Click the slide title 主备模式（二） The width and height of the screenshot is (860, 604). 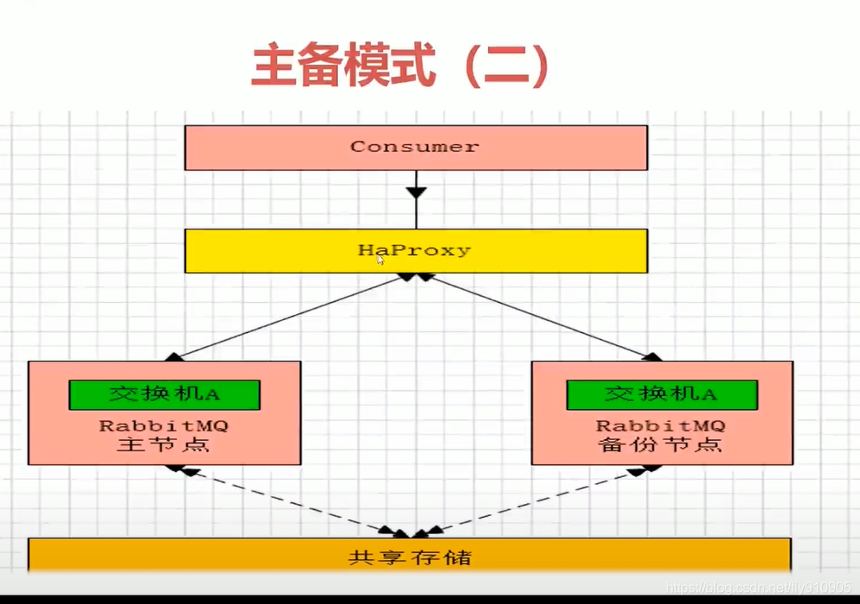tap(400, 66)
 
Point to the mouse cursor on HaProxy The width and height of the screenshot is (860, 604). tap(380, 260)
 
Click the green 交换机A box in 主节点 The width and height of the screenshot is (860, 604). tap(164, 394)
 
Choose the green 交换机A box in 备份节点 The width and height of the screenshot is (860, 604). tap(662, 394)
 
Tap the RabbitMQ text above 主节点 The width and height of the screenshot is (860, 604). tap(164, 425)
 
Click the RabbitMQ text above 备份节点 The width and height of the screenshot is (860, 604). tap(661, 425)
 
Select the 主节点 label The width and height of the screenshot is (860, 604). tap(164, 445)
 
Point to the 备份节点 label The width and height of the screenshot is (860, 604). tap(661, 445)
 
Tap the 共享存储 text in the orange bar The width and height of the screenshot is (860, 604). tap(410, 557)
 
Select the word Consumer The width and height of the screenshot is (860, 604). tap(415, 147)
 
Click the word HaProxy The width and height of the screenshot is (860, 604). tap(415, 250)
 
